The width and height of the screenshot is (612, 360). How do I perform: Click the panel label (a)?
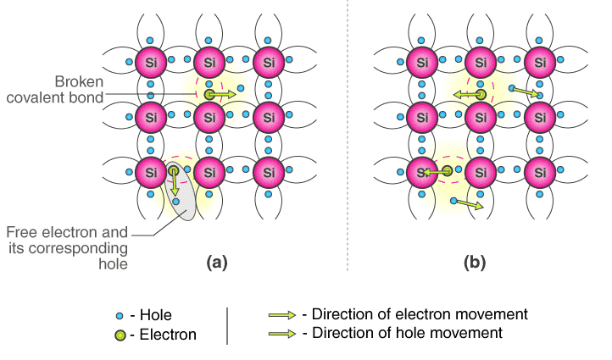[218, 263]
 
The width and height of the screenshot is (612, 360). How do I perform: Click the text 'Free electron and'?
[67, 232]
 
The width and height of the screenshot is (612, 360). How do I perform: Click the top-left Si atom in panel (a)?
[151, 62]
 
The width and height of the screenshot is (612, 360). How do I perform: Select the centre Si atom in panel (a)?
[209, 117]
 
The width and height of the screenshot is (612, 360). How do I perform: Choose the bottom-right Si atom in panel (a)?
[268, 172]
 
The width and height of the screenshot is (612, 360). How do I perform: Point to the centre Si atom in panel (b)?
[481, 117]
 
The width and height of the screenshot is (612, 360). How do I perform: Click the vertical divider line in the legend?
[227, 325]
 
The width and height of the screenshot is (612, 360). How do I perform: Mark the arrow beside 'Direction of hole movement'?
[283, 334]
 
